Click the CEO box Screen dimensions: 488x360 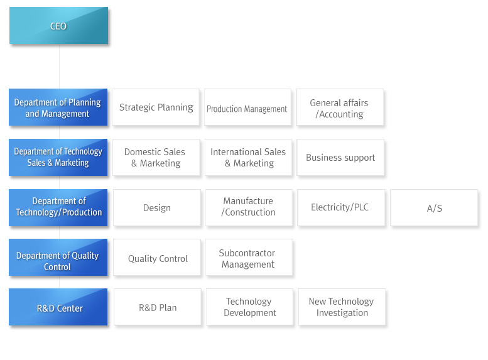[x=59, y=26]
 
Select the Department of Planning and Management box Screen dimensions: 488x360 [x=58, y=107]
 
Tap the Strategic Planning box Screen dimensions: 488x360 [x=156, y=107]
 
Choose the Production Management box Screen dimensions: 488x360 [x=247, y=107]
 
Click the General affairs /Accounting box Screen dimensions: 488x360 [x=340, y=107]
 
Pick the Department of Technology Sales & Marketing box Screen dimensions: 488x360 [x=58, y=157]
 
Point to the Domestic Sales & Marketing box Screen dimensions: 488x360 [x=156, y=157]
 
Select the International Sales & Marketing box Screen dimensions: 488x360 [x=248, y=157]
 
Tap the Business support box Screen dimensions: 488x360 [x=340, y=157]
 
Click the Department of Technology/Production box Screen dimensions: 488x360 [x=58, y=207]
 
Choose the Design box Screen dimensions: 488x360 [x=157, y=207]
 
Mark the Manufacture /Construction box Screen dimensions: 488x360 [x=249, y=207]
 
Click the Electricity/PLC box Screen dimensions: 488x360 [x=341, y=207]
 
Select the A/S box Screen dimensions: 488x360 [x=434, y=207]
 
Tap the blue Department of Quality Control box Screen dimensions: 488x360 [x=58, y=257]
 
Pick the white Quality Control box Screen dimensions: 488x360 [x=157, y=257]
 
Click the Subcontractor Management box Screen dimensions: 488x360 [x=249, y=257]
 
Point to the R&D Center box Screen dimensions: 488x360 [x=58, y=307]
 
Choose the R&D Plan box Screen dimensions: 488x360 [x=158, y=307]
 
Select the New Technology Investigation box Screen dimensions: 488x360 [x=342, y=307]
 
